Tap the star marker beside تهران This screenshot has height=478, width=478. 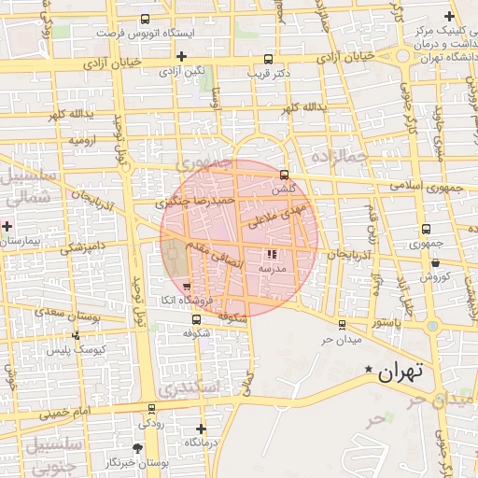(369, 371)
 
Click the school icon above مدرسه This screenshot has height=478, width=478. (272, 254)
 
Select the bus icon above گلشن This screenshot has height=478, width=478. (284, 175)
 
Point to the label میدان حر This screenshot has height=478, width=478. (341, 338)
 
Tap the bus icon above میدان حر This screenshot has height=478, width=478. (341, 325)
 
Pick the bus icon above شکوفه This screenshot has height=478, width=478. (194, 319)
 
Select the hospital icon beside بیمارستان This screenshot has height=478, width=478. (7, 226)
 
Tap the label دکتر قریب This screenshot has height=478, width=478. (270, 72)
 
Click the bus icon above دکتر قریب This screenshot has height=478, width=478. (269, 58)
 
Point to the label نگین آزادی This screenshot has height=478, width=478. (182, 71)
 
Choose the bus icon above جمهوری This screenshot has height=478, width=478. (426, 229)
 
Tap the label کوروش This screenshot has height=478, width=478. (434, 276)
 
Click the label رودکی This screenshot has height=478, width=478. (151, 423)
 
